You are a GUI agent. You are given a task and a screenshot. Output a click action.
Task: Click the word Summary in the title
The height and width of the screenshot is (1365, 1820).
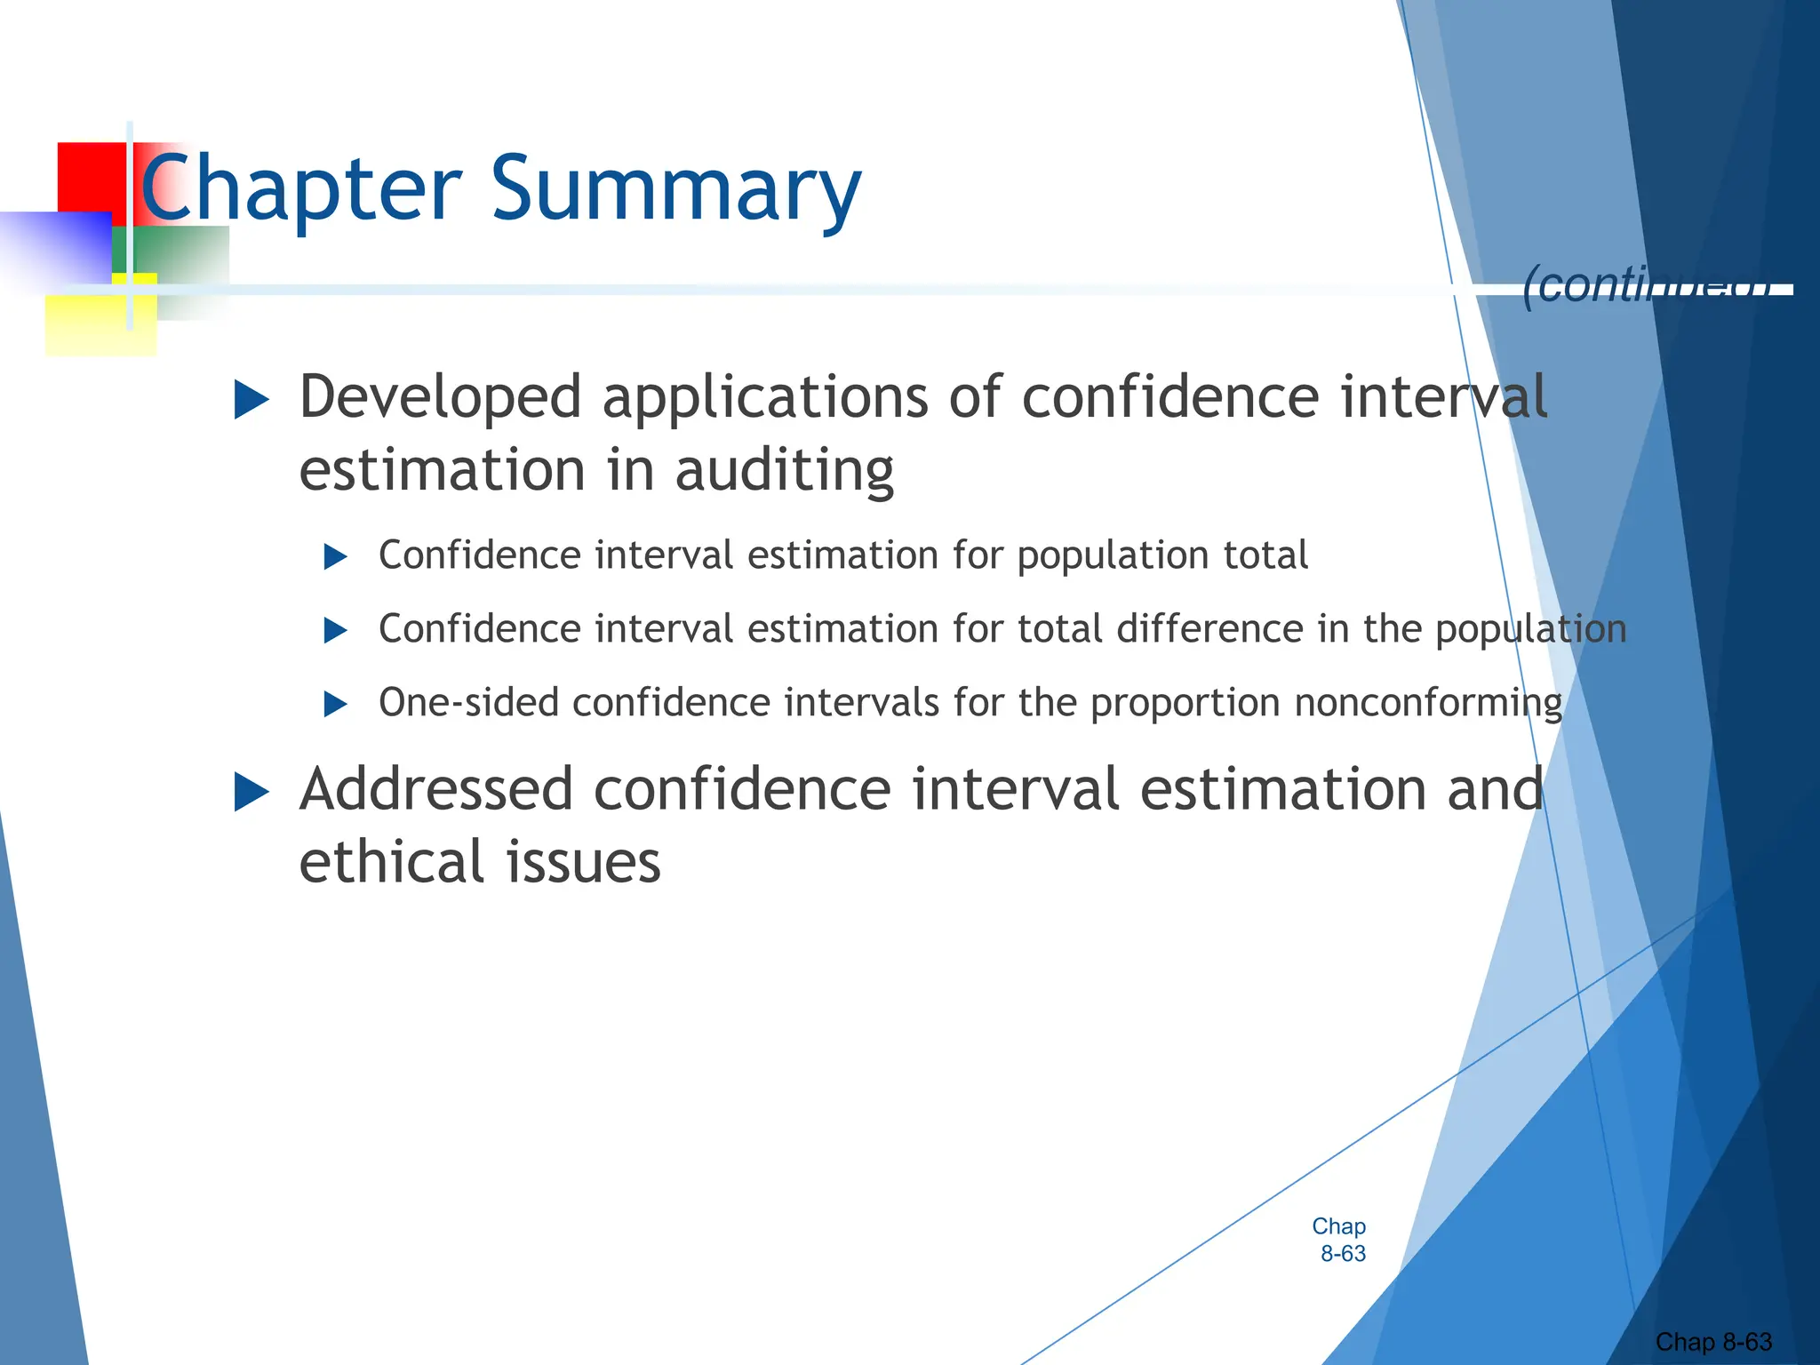(x=675, y=188)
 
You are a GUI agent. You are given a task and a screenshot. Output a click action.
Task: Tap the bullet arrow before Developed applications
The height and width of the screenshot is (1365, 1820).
(x=251, y=400)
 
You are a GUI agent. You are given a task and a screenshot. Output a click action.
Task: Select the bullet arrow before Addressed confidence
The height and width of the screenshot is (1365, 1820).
(x=251, y=792)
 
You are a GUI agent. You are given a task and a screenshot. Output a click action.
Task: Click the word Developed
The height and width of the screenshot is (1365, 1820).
(x=441, y=397)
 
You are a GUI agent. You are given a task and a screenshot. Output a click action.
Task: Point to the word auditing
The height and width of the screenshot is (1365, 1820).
(x=784, y=471)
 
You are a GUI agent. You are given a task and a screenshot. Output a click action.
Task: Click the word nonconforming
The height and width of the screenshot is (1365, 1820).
(x=1428, y=703)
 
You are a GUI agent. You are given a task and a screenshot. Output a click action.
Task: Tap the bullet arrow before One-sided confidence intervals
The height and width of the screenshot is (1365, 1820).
(x=335, y=705)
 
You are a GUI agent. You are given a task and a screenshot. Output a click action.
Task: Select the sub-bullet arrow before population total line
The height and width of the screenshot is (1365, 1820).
(x=335, y=557)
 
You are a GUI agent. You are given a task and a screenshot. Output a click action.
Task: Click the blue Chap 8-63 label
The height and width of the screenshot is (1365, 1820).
(x=1340, y=1240)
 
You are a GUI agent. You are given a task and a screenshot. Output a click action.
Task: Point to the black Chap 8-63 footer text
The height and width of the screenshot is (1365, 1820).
(x=1713, y=1342)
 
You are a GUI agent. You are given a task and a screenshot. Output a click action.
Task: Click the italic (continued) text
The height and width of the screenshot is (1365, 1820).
(x=1644, y=286)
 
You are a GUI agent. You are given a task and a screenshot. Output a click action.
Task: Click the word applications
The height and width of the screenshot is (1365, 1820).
(x=765, y=397)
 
